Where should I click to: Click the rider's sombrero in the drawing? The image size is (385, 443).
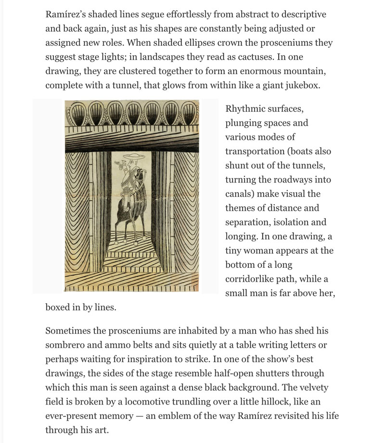(x=129, y=157)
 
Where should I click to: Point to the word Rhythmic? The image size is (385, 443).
(x=247, y=109)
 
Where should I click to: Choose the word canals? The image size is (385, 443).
(x=240, y=194)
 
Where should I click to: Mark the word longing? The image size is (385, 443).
(x=242, y=236)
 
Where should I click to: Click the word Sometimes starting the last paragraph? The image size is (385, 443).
(x=69, y=331)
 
